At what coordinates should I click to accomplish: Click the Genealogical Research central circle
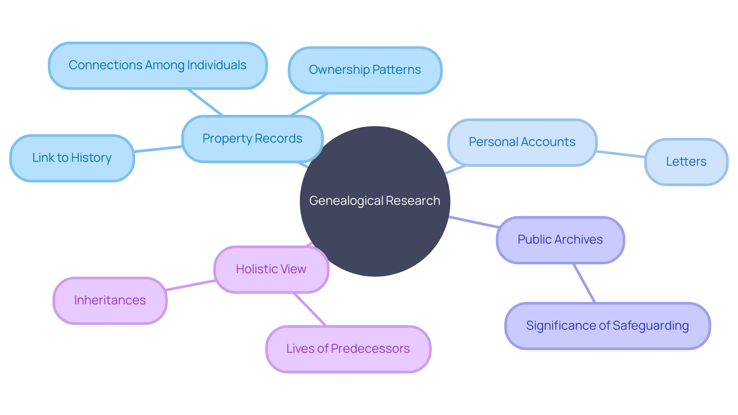click(x=375, y=215)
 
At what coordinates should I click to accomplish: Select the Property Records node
click(x=252, y=139)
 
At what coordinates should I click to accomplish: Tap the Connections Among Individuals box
click(x=158, y=65)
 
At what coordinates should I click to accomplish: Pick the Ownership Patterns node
click(x=365, y=70)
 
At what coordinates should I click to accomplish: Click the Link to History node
click(x=72, y=158)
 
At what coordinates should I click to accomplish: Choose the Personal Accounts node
click(x=522, y=142)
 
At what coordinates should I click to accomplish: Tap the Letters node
click(x=686, y=162)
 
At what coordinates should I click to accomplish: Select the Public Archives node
click(x=560, y=240)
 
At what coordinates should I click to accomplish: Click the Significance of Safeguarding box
click(x=607, y=326)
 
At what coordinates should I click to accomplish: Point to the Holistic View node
click(x=271, y=269)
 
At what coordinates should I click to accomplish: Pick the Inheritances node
click(x=110, y=300)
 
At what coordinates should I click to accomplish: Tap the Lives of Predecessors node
click(x=348, y=349)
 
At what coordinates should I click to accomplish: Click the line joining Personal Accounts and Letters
click(x=621, y=154)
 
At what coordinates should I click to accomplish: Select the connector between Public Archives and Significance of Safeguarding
click(x=584, y=283)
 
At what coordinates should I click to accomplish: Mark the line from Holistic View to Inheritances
click(x=191, y=285)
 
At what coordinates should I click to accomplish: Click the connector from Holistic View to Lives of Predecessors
click(x=310, y=309)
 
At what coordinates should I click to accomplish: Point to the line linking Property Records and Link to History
click(x=158, y=149)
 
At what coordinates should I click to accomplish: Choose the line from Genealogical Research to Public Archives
click(x=474, y=222)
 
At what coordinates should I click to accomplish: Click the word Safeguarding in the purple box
click(x=650, y=326)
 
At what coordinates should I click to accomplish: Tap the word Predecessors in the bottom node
click(x=370, y=349)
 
